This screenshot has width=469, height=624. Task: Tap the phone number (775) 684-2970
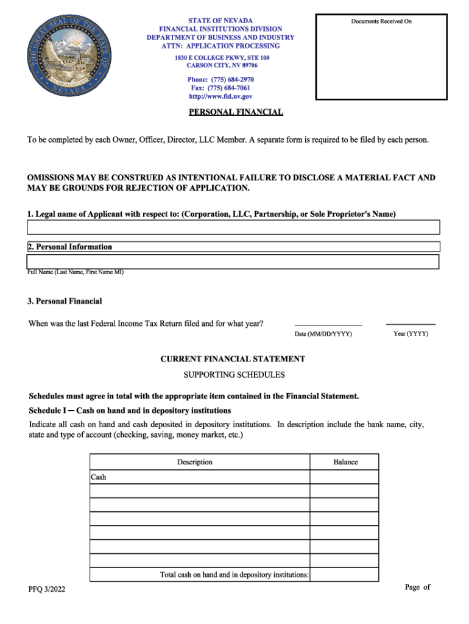[220, 80]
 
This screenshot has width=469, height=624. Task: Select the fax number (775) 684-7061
[220, 88]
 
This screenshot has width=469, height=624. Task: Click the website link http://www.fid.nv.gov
[220, 96]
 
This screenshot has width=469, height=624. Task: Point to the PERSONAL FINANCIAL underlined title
[236, 112]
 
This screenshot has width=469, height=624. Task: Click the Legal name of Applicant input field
[233, 227]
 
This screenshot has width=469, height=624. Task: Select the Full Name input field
[233, 262]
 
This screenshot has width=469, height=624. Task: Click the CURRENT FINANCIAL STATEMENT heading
[233, 359]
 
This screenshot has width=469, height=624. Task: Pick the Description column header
[194, 462]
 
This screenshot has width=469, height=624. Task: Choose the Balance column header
[345, 462]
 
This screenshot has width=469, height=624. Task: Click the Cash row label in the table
[99, 477]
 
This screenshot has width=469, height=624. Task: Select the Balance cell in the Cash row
[345, 477]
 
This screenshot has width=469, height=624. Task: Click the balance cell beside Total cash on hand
[345, 575]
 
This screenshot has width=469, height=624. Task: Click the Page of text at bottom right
[417, 587]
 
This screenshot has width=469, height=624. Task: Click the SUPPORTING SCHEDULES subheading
[234, 375]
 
